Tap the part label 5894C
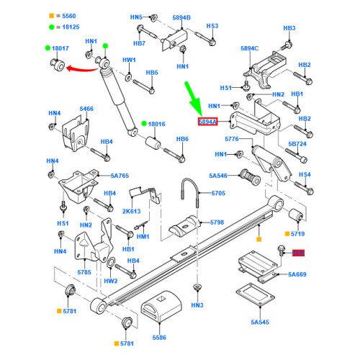coord(249,48)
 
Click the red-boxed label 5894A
coord(210,122)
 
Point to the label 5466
coord(86,109)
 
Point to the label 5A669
coord(298,274)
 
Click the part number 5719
coord(299,234)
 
